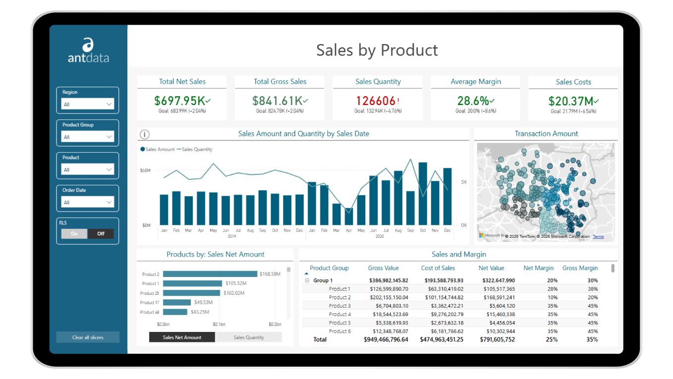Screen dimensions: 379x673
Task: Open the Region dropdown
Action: click(x=88, y=104)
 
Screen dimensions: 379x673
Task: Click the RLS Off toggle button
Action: click(x=101, y=234)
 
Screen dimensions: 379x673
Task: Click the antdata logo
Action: click(x=88, y=51)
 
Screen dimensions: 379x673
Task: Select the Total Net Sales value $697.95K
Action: click(x=179, y=101)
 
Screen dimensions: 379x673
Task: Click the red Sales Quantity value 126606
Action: click(x=376, y=101)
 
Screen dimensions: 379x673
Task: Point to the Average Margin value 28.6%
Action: click(x=473, y=101)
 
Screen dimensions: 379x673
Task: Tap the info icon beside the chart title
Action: click(x=145, y=134)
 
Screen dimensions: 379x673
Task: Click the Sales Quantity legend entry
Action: click(x=197, y=149)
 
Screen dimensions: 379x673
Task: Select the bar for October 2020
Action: click(x=423, y=194)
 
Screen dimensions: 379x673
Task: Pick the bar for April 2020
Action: click(x=349, y=218)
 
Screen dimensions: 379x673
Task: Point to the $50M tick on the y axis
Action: click(x=145, y=170)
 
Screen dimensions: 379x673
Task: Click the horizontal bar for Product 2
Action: click(x=210, y=274)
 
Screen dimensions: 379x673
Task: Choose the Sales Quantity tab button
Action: click(x=249, y=337)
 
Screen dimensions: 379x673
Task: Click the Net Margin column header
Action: click(x=538, y=268)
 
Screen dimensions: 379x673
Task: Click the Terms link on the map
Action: click(x=598, y=236)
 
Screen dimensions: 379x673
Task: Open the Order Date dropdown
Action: click(x=88, y=202)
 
